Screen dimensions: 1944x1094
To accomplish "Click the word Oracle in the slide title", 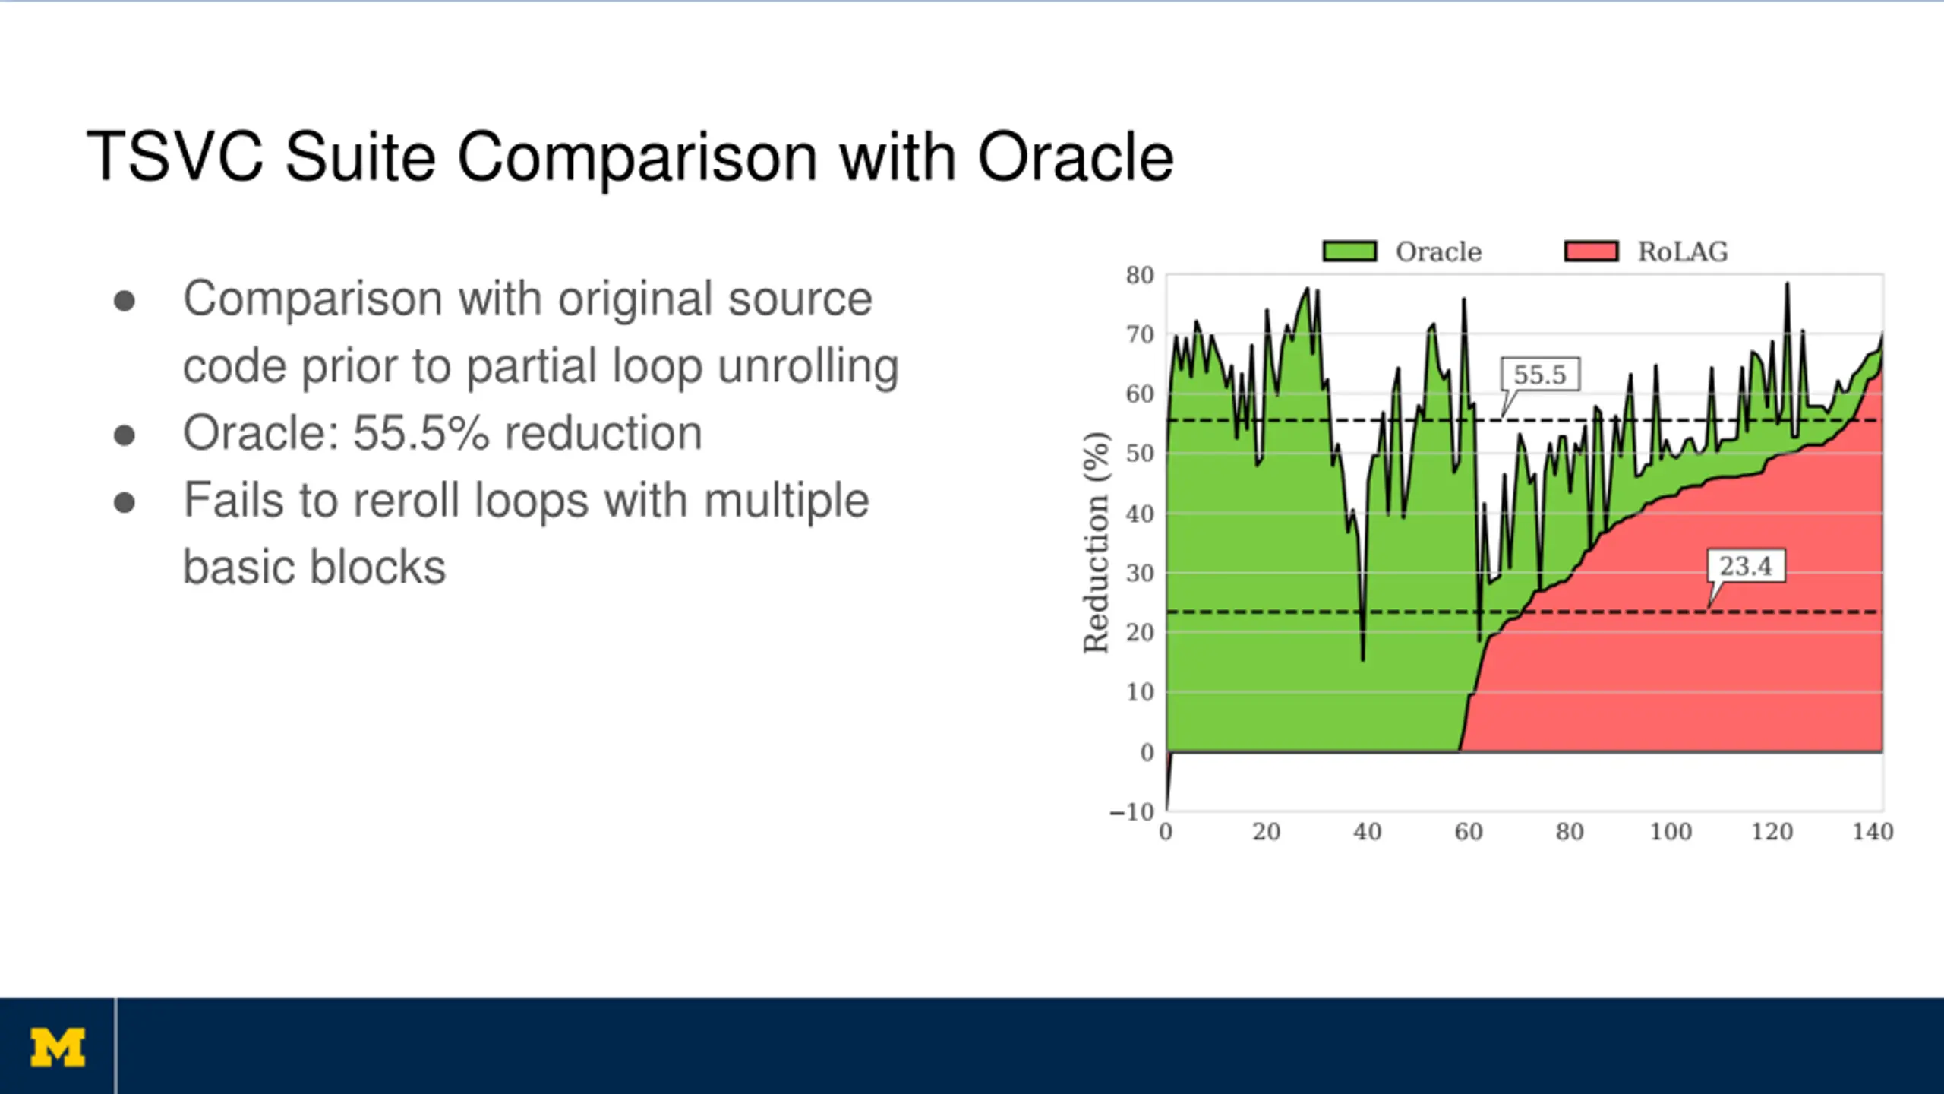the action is coord(1075,157).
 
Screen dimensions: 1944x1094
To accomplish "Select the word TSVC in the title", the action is coord(175,157).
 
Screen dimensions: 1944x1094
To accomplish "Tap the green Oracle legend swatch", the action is coord(1349,251).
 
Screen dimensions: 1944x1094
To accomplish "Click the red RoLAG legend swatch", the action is coord(1592,251).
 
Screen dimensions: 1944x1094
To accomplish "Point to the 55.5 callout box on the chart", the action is coord(1541,375).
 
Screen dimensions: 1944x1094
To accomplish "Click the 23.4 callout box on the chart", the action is coord(1746,566).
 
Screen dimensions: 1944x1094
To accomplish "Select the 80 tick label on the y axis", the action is coord(1140,275).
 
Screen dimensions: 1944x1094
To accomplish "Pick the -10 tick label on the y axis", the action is coord(1131,811).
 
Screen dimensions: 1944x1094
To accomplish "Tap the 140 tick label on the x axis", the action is coord(1873,831).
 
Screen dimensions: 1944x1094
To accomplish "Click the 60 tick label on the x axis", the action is coord(1469,831).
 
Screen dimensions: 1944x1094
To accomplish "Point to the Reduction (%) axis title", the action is coord(1096,542).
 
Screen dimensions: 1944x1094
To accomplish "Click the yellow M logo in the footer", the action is coord(58,1048).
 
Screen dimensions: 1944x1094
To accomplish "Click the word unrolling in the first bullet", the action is coord(808,367).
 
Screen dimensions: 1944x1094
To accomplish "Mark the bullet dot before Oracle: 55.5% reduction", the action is coord(125,436).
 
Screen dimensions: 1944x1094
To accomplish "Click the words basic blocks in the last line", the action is coord(314,568).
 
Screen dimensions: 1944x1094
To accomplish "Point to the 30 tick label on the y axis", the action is coord(1140,573).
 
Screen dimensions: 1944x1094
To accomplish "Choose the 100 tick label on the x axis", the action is coord(1671,831).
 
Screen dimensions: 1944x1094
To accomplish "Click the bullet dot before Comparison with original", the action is coord(125,302).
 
